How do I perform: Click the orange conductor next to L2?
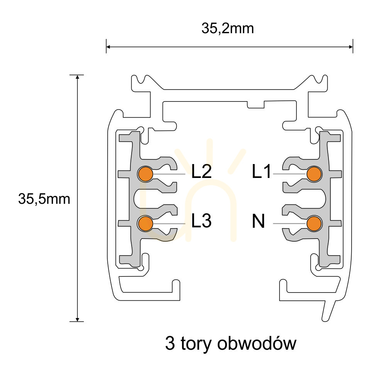pos(145,174)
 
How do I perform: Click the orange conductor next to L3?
pos(145,223)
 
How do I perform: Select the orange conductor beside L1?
pos(314,174)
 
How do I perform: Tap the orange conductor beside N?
pos(314,223)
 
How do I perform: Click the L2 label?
pos(201,172)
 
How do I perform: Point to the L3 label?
pos(201,220)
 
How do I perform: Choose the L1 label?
pos(261,172)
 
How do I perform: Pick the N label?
pos(258,221)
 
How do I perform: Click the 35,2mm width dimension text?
pos(228,28)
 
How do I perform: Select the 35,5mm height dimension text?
pos(44,199)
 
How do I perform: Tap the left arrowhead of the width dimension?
pos(108,47)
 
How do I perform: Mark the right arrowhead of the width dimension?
pos(351,47)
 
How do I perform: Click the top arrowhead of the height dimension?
pos(78,77)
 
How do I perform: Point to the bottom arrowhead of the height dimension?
pos(78,319)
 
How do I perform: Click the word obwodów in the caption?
pos(257,343)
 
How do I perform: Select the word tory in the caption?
pos(196,344)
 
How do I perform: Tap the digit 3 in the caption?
pos(170,343)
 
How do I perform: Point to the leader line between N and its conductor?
pos(290,223)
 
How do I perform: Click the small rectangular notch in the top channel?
pos(256,104)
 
